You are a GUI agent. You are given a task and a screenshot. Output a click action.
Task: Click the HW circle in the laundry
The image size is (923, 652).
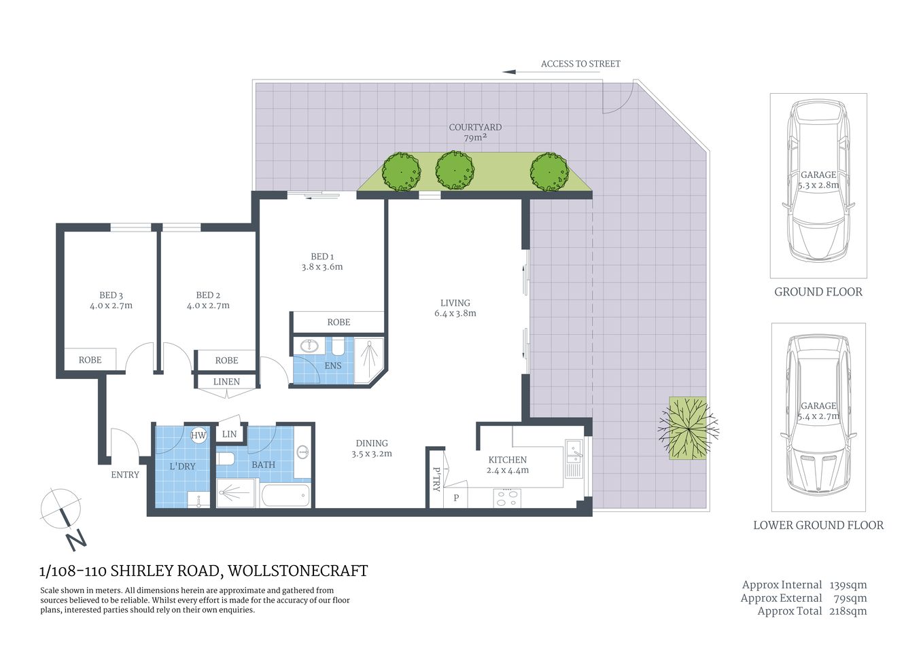[198, 435]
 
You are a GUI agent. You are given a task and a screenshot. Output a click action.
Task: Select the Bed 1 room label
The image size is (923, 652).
[322, 257]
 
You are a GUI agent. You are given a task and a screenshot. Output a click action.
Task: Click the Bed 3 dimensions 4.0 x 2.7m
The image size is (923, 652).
[111, 306]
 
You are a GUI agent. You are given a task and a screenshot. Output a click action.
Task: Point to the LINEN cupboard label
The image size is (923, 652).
[226, 382]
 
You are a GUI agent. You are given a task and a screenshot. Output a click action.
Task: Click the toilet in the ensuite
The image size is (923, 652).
[338, 347]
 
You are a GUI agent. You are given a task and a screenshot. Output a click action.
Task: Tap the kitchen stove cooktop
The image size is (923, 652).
[506, 498]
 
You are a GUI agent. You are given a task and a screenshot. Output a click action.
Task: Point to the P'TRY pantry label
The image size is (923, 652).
[436, 478]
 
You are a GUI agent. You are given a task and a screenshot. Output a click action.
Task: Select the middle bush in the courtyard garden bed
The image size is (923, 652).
[454, 170]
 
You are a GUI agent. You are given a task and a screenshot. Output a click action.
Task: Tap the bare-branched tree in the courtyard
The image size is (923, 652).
[688, 428]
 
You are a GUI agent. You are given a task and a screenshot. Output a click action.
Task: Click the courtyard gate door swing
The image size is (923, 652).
[617, 98]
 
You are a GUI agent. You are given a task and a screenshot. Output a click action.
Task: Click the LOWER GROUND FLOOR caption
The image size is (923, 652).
[818, 525]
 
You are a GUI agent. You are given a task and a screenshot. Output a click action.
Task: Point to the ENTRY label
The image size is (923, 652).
[125, 475]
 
